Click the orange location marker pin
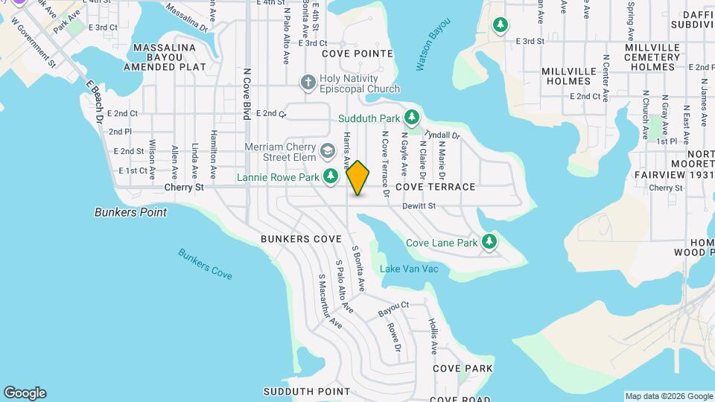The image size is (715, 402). pyautogui.click(x=358, y=177)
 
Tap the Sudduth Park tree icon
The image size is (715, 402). pyautogui.click(x=411, y=118)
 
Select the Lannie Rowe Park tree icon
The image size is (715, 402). pyautogui.click(x=331, y=176)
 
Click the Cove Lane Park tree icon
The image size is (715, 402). pyautogui.click(x=489, y=241)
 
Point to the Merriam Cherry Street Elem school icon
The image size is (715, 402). pyautogui.click(x=326, y=152)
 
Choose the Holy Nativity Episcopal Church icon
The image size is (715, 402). pyautogui.click(x=307, y=81)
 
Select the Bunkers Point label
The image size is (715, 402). pyautogui.click(x=131, y=212)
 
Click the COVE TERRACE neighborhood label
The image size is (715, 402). pyautogui.click(x=436, y=187)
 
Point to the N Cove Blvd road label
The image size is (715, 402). pyautogui.click(x=247, y=95)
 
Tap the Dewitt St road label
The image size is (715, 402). pyautogui.click(x=419, y=206)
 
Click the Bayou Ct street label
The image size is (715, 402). pyautogui.click(x=393, y=306)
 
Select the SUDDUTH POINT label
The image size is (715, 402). pyautogui.click(x=296, y=391)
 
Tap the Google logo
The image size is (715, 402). pyautogui.click(x=25, y=393)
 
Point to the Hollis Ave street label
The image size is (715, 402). pyautogui.click(x=433, y=336)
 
